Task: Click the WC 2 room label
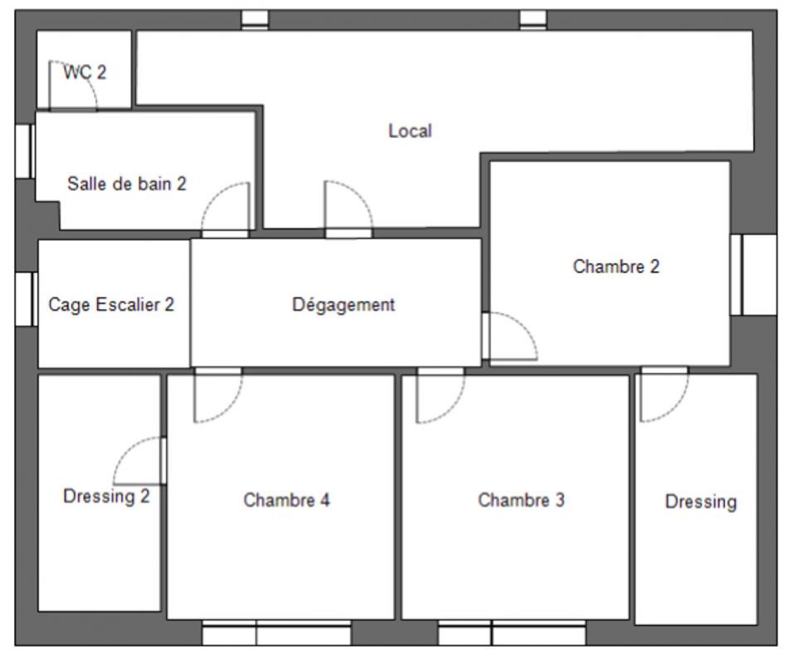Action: pyautogui.click(x=85, y=72)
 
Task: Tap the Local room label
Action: pyautogui.click(x=410, y=131)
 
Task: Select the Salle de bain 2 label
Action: pyautogui.click(x=127, y=184)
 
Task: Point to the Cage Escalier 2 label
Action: pyautogui.click(x=111, y=304)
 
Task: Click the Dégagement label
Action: pyautogui.click(x=343, y=304)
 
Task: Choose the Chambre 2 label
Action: pyautogui.click(x=616, y=266)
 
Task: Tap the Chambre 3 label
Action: pyautogui.click(x=522, y=500)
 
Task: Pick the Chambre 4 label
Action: pyautogui.click(x=286, y=500)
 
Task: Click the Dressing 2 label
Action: pyautogui.click(x=107, y=496)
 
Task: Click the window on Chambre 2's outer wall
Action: pyautogui.click(x=753, y=274)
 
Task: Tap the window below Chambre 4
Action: pyautogui.click(x=277, y=632)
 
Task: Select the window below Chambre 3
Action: pyautogui.click(x=512, y=632)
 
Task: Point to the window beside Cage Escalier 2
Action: pyautogui.click(x=26, y=299)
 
